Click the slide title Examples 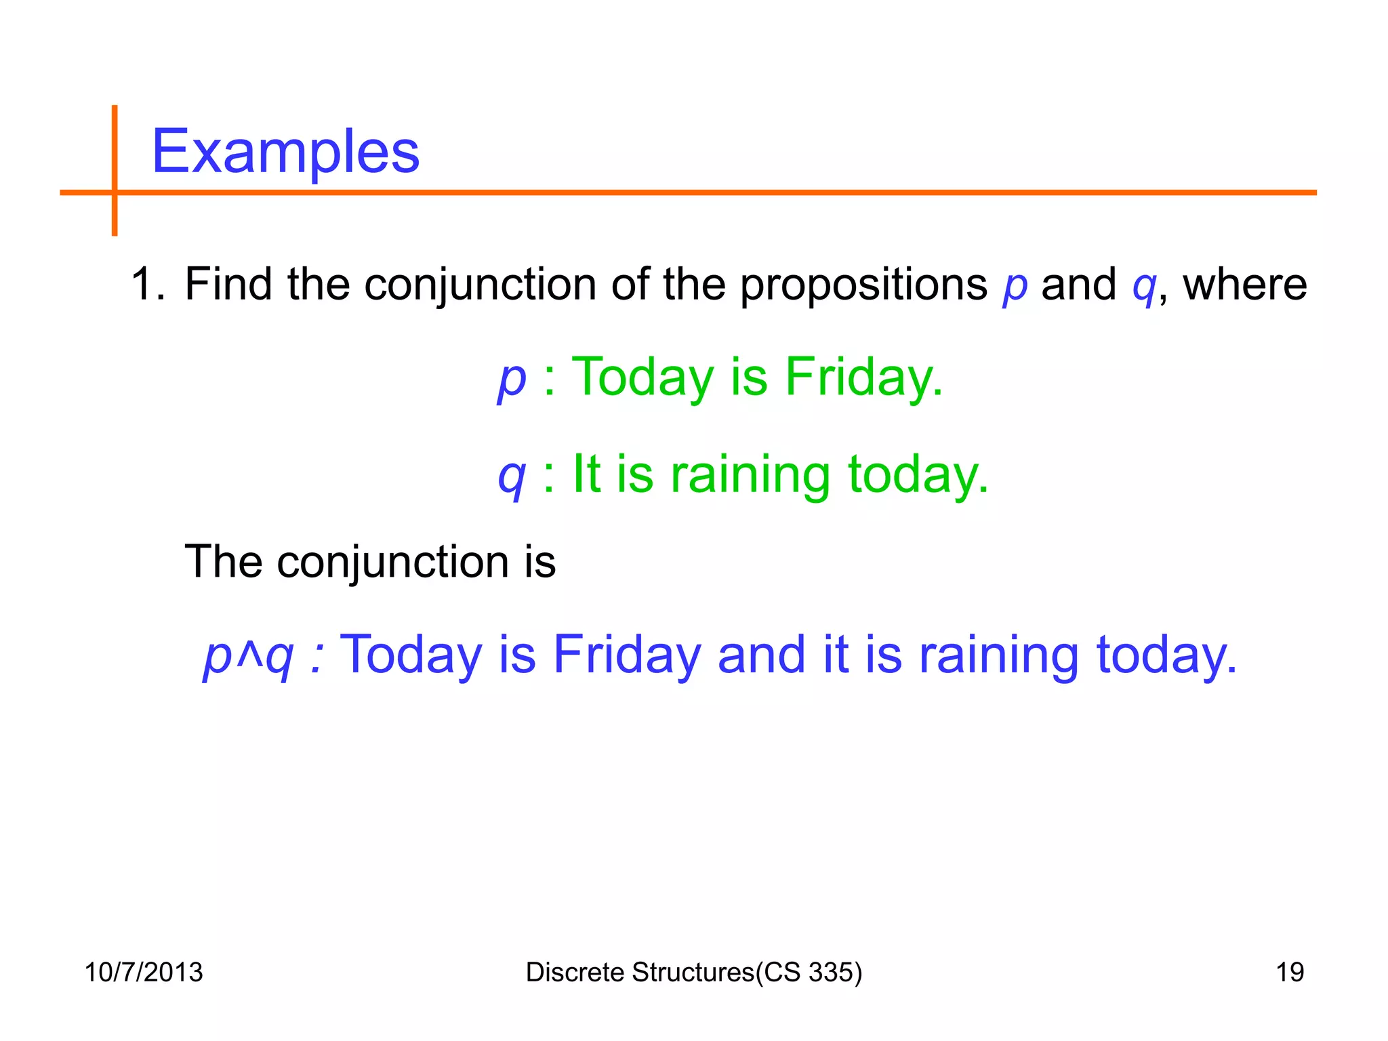(285, 152)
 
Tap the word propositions (863, 285)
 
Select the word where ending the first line (1244, 285)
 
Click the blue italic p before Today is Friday (512, 380)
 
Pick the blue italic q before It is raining (512, 477)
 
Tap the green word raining (750, 474)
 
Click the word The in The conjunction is (223, 562)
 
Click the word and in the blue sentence (762, 655)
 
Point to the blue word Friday (627, 655)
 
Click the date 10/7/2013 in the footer (144, 973)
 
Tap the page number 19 (1290, 973)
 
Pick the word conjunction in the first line (481, 285)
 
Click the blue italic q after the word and (1144, 287)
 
